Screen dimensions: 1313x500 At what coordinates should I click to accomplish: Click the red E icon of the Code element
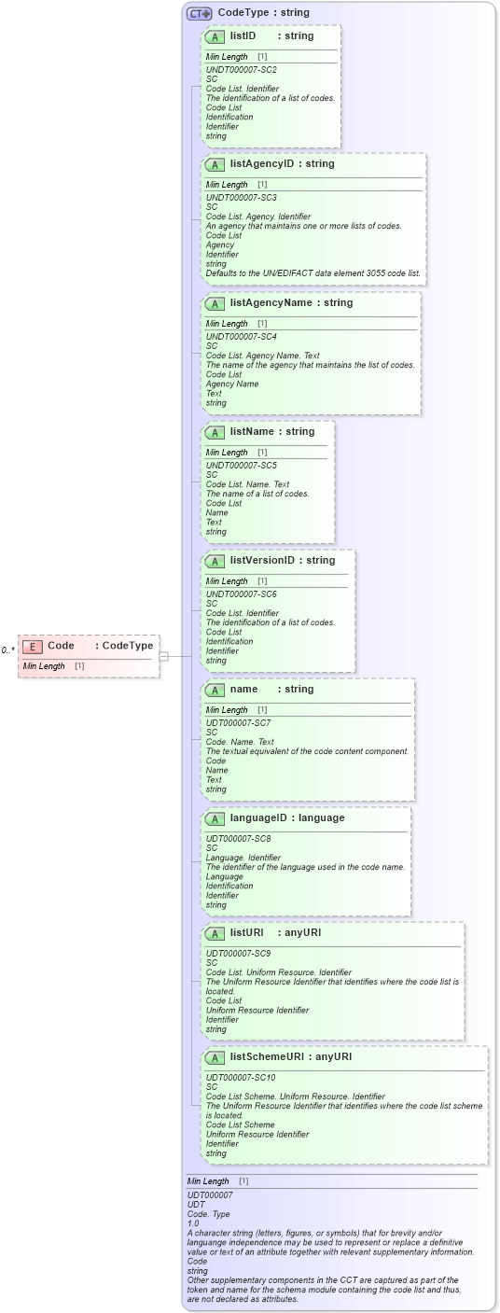33,646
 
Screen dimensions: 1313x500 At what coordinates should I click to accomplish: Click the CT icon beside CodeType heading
199,13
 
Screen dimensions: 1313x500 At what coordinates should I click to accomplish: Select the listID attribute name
243,35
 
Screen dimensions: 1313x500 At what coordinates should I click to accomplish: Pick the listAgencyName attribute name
271,302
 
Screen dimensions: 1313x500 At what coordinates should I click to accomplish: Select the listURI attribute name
247,932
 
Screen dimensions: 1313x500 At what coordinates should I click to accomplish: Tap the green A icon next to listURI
215,933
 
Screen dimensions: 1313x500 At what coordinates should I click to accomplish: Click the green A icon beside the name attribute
215,690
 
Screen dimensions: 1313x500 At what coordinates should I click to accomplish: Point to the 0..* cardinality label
7,650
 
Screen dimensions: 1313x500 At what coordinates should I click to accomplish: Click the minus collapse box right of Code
164,656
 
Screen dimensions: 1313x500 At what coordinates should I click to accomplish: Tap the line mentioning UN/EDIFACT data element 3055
312,273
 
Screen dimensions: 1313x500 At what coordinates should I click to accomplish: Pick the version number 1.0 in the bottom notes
193,1222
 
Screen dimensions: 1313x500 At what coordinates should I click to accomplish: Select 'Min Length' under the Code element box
42,666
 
